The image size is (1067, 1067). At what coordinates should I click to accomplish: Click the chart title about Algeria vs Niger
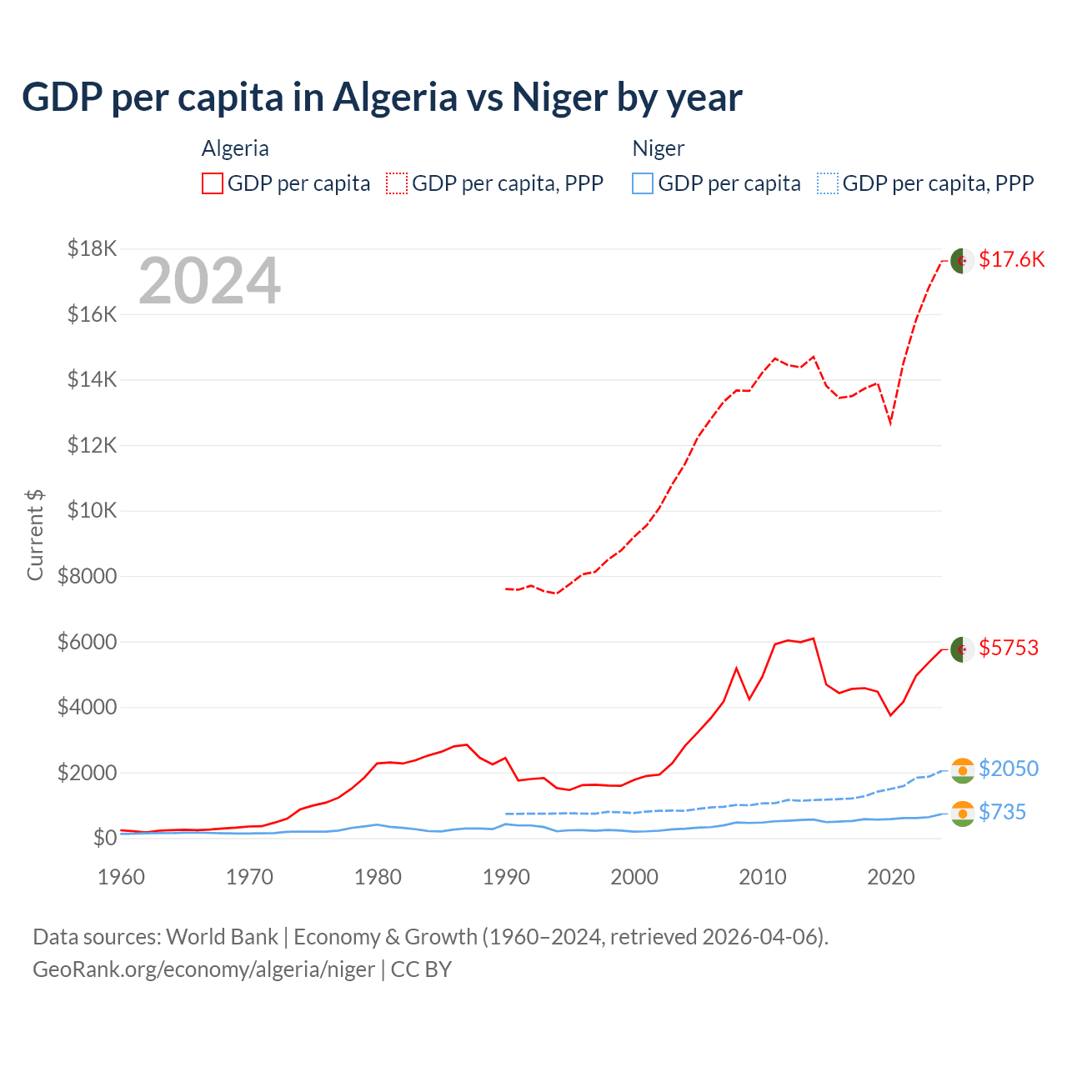(x=382, y=98)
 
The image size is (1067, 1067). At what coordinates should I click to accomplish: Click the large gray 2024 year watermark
(x=209, y=282)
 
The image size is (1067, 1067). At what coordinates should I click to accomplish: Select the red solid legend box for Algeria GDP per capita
(x=213, y=183)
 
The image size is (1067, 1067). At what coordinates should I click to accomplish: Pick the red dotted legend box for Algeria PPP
(x=397, y=183)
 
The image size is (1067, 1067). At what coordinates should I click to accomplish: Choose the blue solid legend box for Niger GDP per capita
(x=643, y=183)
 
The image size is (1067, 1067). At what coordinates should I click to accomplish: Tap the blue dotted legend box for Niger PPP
(x=828, y=183)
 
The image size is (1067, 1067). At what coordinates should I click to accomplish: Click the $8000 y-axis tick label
(x=87, y=576)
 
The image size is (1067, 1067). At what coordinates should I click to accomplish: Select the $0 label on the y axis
(x=104, y=838)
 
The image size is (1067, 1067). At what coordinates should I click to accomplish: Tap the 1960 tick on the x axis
(x=122, y=877)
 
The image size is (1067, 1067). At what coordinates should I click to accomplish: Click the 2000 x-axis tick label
(x=634, y=877)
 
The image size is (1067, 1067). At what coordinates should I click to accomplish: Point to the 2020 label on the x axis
(x=891, y=877)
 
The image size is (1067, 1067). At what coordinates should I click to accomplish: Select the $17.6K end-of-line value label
(x=1011, y=259)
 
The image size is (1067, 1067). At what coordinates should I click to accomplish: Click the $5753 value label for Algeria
(x=1009, y=648)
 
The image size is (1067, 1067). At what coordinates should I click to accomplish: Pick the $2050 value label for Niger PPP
(x=1009, y=769)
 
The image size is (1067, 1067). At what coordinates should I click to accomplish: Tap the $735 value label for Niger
(x=1002, y=812)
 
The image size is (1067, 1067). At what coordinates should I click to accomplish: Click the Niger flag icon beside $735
(x=963, y=814)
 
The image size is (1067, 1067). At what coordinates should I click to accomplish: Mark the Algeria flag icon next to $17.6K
(x=963, y=260)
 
